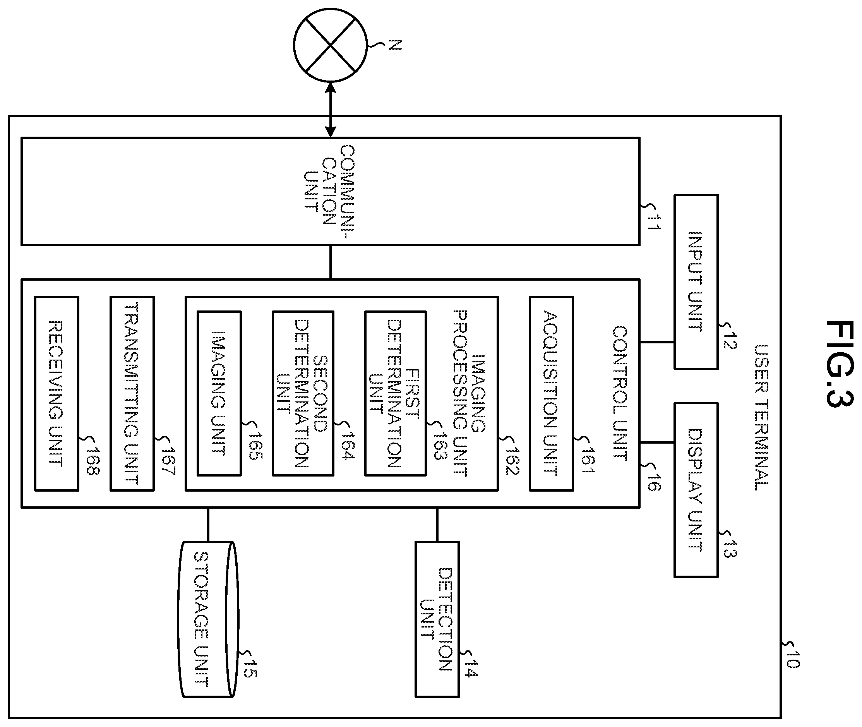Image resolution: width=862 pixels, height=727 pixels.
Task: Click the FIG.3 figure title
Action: tap(839, 363)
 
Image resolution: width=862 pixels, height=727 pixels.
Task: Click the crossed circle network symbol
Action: tap(330, 45)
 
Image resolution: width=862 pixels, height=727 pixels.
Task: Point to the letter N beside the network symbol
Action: tap(395, 45)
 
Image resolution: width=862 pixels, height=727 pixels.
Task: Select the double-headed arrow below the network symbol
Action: tap(330, 110)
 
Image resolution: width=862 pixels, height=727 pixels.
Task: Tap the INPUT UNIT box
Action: tap(696, 282)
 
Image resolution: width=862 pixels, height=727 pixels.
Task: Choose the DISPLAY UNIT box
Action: tap(696, 490)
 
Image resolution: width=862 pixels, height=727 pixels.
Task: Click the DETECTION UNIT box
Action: tap(437, 619)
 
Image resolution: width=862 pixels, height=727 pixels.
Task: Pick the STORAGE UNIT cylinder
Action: tap(208, 619)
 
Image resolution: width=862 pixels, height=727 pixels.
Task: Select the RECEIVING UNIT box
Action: tap(57, 394)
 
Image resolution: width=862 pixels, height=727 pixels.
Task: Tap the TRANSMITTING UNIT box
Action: tap(132, 394)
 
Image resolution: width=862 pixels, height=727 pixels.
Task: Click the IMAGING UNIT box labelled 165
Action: tap(219, 394)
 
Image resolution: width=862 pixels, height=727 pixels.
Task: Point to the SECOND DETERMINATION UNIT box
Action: tap(303, 394)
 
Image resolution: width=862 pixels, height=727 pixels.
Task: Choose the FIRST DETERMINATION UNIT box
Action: tap(395, 394)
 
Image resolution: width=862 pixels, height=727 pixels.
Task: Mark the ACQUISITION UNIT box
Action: tap(551, 394)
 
